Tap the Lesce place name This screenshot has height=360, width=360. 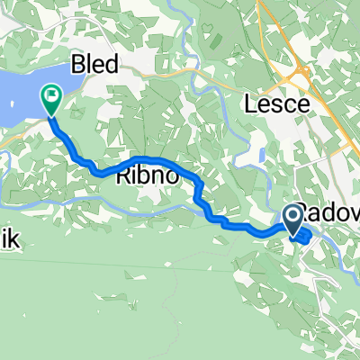click(277, 104)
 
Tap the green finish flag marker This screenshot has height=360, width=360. click(51, 98)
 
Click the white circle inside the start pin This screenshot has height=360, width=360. click(293, 214)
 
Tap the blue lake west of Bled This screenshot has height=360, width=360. click(22, 94)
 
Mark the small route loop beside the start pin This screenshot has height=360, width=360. click(304, 237)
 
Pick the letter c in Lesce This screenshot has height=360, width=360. click(290, 104)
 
